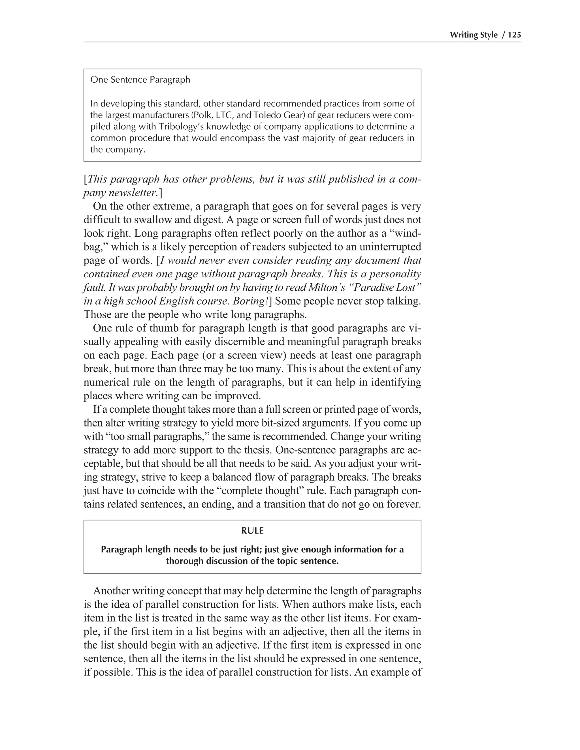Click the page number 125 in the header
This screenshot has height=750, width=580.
click(514, 35)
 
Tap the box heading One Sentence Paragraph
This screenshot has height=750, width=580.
click(140, 80)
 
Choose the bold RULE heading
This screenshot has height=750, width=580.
click(252, 531)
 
